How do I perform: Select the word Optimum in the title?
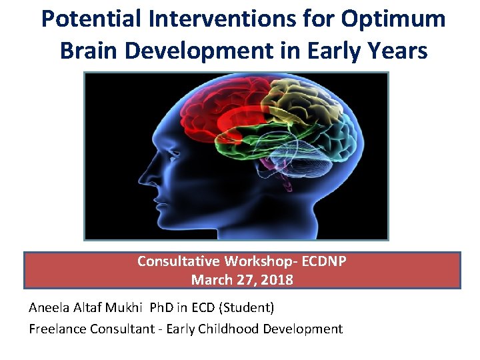(x=393, y=19)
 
